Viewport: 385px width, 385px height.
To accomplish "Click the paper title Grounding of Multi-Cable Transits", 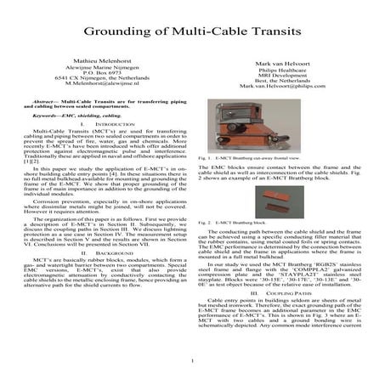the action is (x=192, y=32).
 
